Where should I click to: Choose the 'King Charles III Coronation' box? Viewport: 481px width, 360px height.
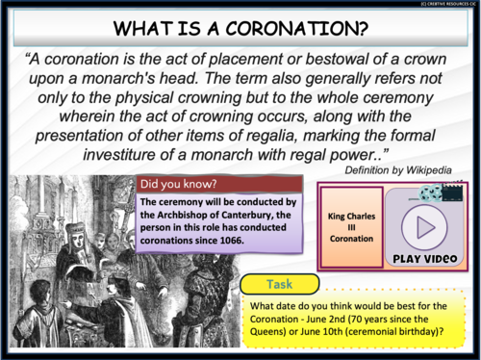click(352, 226)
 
